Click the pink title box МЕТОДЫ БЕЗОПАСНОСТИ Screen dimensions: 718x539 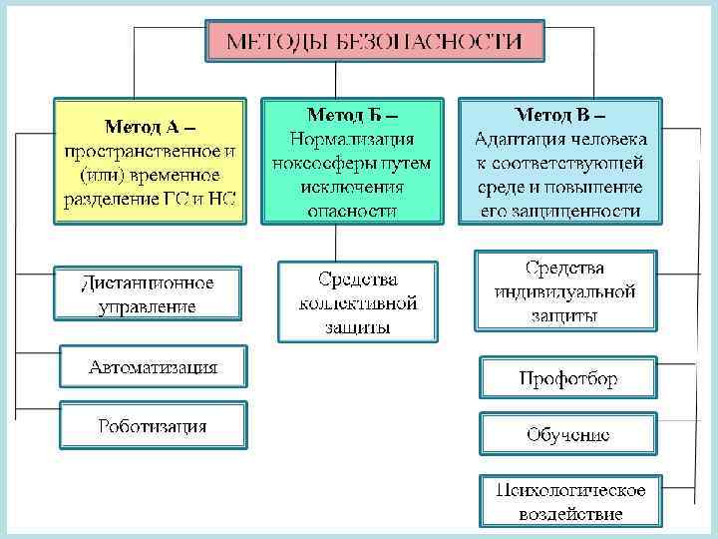pyautogui.click(x=374, y=41)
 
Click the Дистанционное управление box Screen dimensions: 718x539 pyautogui.click(x=148, y=293)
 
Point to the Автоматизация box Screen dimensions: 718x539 pyautogui.click(x=153, y=368)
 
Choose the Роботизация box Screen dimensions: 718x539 pyautogui.click(x=153, y=425)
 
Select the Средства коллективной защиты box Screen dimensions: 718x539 pyautogui.click(x=358, y=301)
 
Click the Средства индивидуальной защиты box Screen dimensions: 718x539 pyautogui.click(x=564, y=291)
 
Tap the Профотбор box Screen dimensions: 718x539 pyautogui.click(x=567, y=379)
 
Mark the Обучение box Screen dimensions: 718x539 pyautogui.click(x=567, y=435)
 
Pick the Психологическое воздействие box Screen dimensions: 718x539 pyautogui.click(x=570, y=501)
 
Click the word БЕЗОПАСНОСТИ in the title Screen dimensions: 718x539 pyautogui.click(x=440, y=41)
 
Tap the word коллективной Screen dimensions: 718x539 pyautogui.click(x=358, y=302)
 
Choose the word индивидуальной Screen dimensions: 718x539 pyautogui.click(x=564, y=291)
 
